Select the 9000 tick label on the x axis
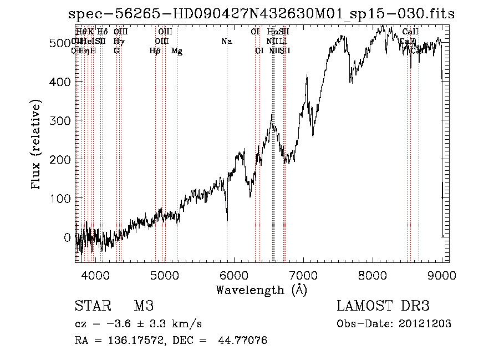[442, 273]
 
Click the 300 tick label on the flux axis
[62, 121]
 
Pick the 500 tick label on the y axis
[62, 43]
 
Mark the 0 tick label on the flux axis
[67, 237]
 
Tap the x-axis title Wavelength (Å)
[261, 290]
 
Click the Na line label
[226, 41]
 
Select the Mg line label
[177, 51]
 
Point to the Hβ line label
[155, 51]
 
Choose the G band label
[116, 51]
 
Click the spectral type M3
[144, 306]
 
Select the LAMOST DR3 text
[383, 306]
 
